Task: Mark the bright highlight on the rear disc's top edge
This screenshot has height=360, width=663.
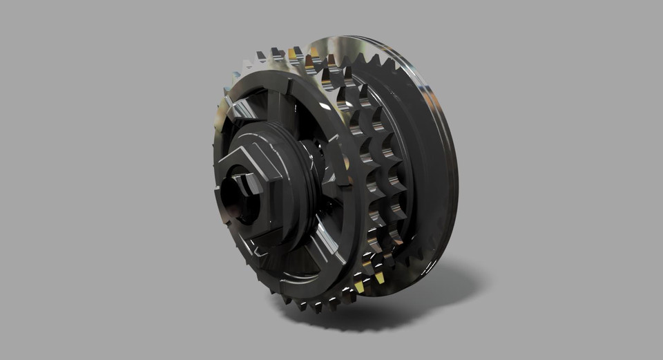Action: (366, 41)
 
